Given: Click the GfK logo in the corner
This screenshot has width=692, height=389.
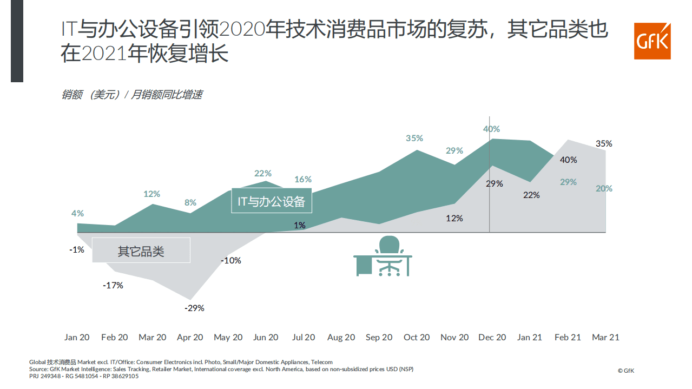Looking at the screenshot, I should [x=652, y=41].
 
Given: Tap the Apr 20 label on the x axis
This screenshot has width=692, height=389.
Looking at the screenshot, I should [x=190, y=337].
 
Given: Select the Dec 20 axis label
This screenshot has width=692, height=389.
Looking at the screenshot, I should [x=492, y=337].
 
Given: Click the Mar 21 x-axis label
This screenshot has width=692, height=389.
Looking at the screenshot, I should [x=605, y=337].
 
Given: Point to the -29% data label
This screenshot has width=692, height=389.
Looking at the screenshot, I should [x=194, y=308].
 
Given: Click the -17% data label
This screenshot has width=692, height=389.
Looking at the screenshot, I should [x=113, y=285].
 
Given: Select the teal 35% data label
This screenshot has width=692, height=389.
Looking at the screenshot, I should [x=414, y=138].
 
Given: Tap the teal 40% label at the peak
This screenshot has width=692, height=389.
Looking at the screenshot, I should [x=491, y=129].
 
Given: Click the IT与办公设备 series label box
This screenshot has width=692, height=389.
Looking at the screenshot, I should [x=272, y=201].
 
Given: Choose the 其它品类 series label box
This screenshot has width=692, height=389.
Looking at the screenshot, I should [x=141, y=251].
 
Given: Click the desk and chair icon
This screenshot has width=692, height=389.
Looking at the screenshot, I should [x=383, y=256].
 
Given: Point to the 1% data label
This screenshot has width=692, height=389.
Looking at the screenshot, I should [x=300, y=225].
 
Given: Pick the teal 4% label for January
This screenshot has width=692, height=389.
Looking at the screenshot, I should [x=77, y=213].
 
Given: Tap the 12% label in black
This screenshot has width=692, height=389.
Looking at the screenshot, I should [x=454, y=218].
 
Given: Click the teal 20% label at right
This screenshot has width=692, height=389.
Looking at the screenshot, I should [x=604, y=188].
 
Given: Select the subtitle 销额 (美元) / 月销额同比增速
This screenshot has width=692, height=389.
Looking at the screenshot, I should [x=131, y=95].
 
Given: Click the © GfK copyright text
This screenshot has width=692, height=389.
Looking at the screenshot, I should [x=625, y=371].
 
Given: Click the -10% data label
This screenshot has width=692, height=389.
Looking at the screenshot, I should [x=231, y=260].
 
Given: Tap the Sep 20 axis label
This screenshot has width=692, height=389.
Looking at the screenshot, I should [x=379, y=337].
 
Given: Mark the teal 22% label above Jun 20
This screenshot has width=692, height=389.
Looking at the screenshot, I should [x=263, y=173].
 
